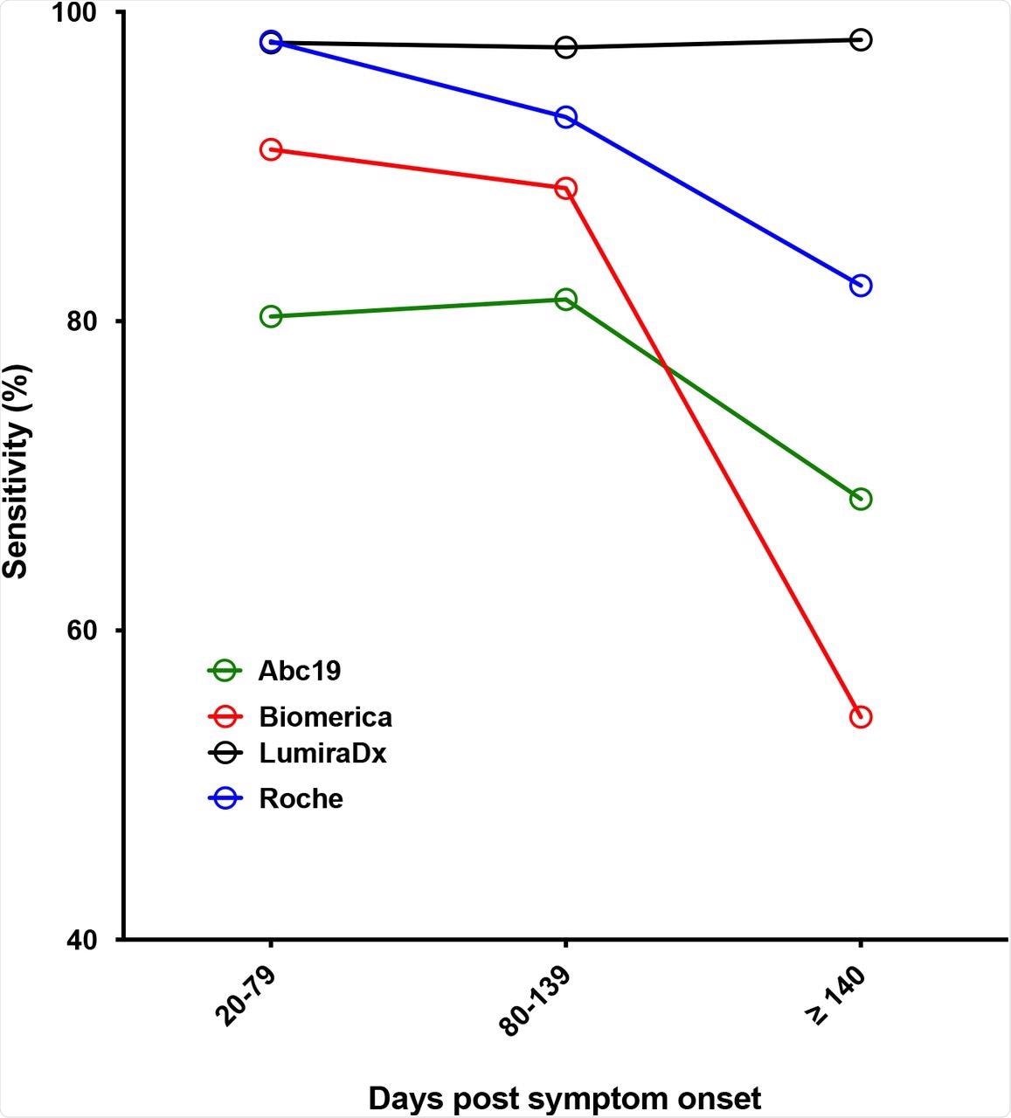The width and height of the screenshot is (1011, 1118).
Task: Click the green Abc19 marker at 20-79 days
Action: pyautogui.click(x=271, y=316)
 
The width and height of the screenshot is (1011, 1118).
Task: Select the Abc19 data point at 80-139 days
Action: pyautogui.click(x=565, y=300)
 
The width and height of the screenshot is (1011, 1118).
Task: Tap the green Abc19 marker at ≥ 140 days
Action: pyautogui.click(x=861, y=499)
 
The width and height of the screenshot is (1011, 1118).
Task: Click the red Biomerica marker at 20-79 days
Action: pyautogui.click(x=271, y=149)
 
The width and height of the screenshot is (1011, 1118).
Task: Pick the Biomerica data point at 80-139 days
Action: pyautogui.click(x=565, y=189)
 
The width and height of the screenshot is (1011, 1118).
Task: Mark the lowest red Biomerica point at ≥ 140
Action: pyautogui.click(x=861, y=717)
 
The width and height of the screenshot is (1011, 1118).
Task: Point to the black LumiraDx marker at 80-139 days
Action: pyautogui.click(x=565, y=47)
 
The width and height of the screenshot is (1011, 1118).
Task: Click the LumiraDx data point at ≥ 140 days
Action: pyautogui.click(x=861, y=39)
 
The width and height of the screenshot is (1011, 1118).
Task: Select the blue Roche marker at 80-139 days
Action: pyautogui.click(x=565, y=117)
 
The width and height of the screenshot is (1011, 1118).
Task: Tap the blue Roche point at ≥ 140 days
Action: pyautogui.click(x=861, y=286)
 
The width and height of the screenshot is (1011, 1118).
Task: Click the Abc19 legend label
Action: pyautogui.click(x=299, y=671)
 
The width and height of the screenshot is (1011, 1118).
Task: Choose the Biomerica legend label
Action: pyautogui.click(x=325, y=717)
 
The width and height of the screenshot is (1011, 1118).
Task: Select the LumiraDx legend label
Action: pyautogui.click(x=322, y=753)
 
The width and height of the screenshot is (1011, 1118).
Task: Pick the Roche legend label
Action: pyautogui.click(x=301, y=798)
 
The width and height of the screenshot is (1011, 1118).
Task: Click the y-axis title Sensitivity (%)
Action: pyautogui.click(x=17, y=472)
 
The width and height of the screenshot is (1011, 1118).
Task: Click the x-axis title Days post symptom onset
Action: pyautogui.click(x=564, y=1098)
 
